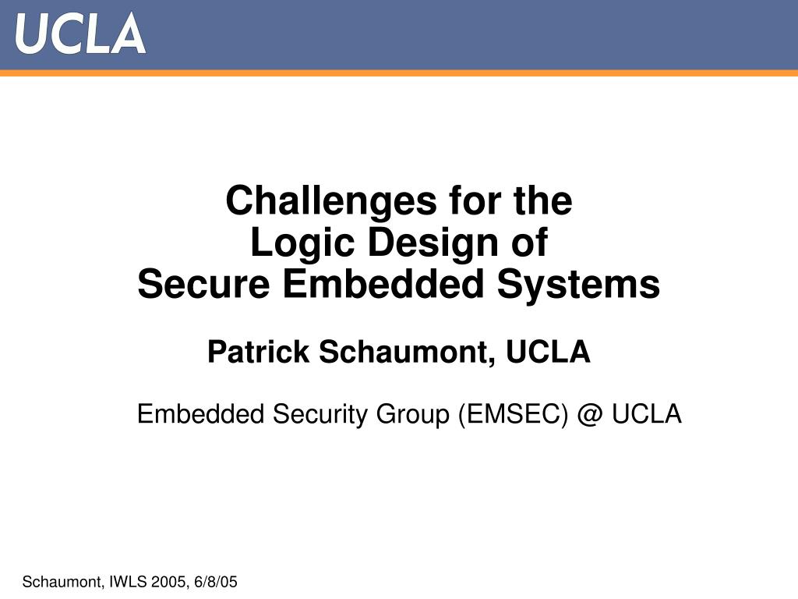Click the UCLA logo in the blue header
click(x=80, y=34)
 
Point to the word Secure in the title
click(x=203, y=285)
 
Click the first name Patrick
click(x=259, y=353)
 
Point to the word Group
click(x=414, y=414)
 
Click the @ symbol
click(x=591, y=414)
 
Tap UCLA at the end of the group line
click(x=646, y=414)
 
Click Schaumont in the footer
click(x=62, y=582)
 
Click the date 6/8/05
click(x=214, y=582)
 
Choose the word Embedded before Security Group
click(x=201, y=414)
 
